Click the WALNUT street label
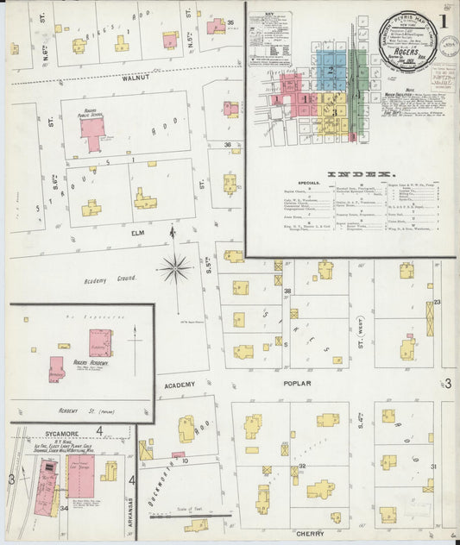coord(136,78)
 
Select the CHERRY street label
coord(310,535)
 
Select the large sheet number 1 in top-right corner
coord(443,22)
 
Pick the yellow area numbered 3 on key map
coord(331,111)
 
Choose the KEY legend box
coord(271,38)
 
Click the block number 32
coord(301,467)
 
